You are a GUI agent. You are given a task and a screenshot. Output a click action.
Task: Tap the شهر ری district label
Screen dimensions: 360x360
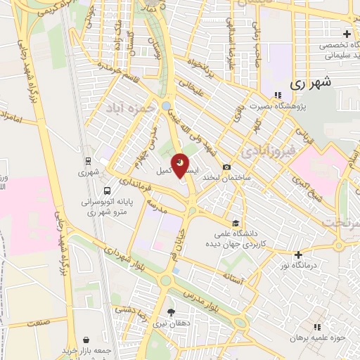click(329, 82)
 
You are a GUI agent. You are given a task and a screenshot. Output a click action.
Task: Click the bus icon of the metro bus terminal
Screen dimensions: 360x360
click(106, 190)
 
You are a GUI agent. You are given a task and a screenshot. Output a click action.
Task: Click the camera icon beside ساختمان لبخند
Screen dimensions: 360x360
click(226, 167)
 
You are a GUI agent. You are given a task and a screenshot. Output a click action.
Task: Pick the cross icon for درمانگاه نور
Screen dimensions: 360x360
click(299, 255)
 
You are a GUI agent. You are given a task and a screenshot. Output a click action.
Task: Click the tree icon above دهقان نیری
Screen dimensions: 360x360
click(171, 311)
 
